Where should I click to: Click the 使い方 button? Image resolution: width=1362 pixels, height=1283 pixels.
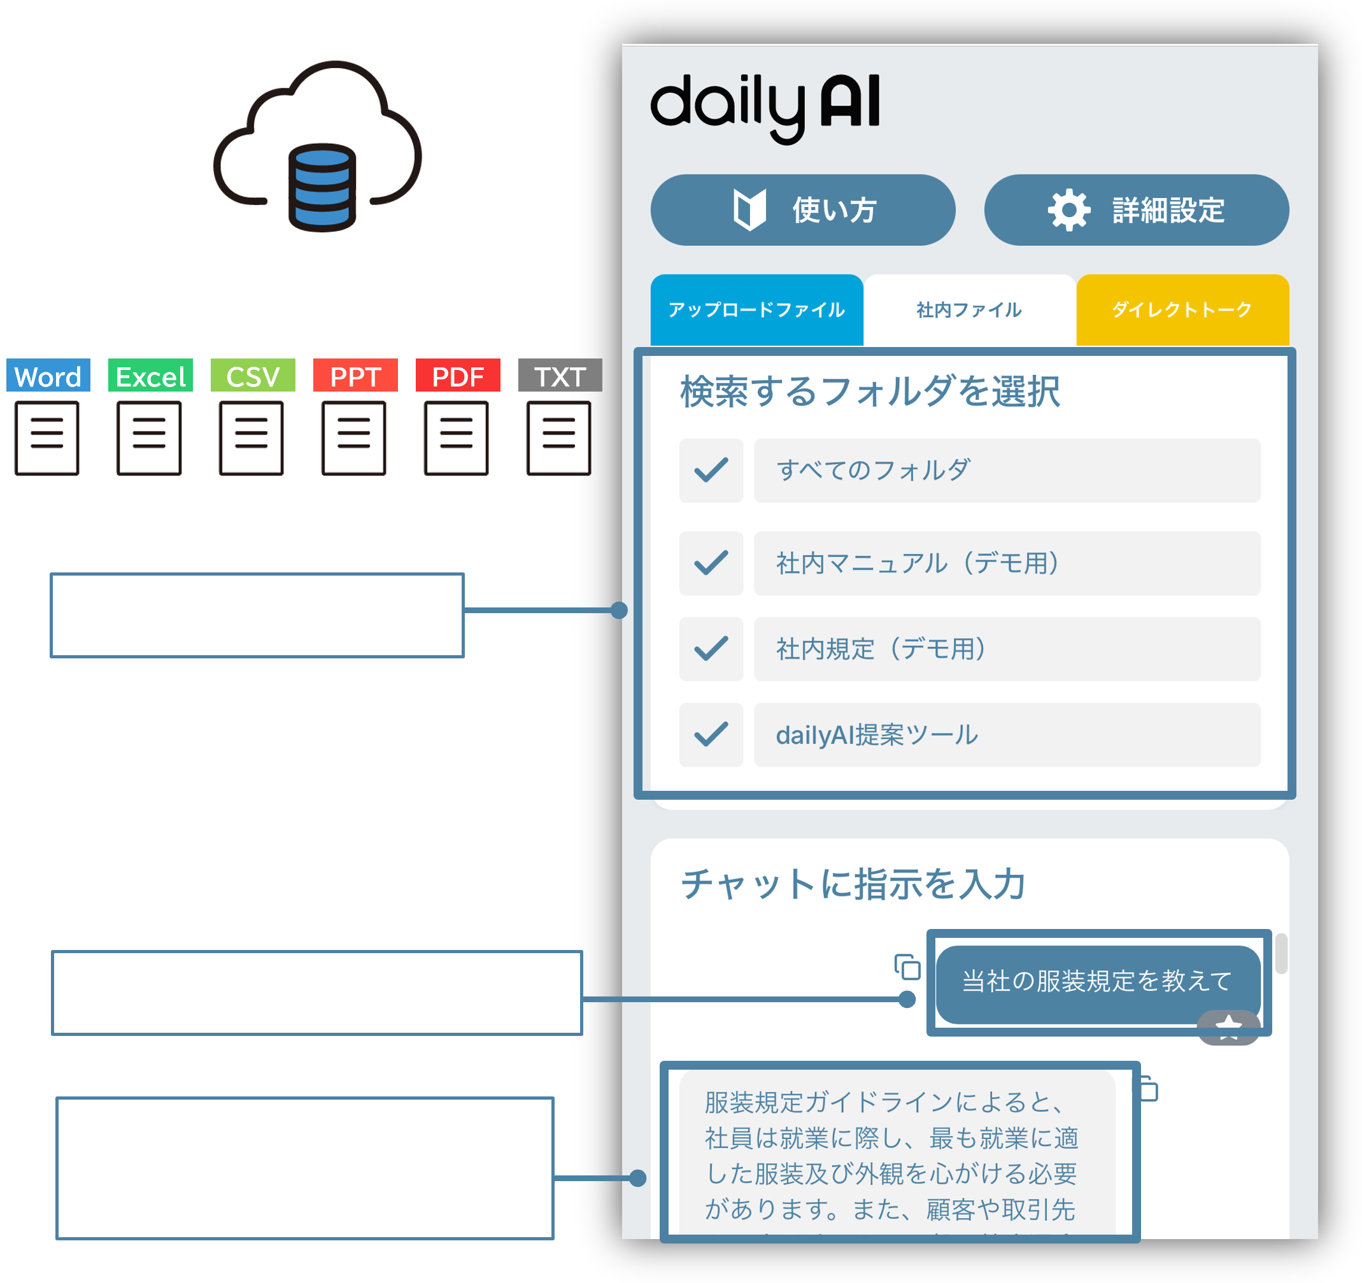tap(802, 209)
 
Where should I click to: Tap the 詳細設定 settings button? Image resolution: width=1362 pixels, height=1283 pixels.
tap(1136, 209)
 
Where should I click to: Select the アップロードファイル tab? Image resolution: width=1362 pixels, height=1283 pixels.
tap(756, 309)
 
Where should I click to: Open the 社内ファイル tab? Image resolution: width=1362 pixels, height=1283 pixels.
tap(968, 309)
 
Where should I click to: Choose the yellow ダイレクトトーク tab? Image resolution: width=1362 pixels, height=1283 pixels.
tap(1182, 309)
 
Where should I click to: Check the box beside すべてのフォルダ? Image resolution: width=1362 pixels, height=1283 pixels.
tap(711, 471)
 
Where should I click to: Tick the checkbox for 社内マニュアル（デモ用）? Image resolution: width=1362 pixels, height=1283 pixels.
tap(711, 563)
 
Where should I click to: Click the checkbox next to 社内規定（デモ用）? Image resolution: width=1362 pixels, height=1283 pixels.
tap(711, 649)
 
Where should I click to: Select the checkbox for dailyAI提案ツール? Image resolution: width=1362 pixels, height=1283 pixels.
tap(711, 734)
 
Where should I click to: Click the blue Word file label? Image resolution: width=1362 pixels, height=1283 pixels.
tap(48, 376)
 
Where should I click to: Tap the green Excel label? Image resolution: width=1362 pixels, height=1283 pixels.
tap(150, 376)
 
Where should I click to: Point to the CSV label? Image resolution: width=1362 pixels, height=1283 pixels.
tap(253, 376)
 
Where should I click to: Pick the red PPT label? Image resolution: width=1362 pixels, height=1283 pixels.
tap(355, 376)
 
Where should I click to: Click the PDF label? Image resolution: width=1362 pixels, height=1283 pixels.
tap(458, 376)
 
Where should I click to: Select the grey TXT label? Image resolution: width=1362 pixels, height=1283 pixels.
tap(560, 376)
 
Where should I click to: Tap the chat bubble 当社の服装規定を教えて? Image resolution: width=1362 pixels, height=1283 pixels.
tap(1097, 982)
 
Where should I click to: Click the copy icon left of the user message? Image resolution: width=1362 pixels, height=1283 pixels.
tap(907, 967)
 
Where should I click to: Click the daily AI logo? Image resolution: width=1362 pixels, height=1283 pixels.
tap(765, 106)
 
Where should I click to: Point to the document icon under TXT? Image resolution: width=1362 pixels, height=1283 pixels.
tap(558, 437)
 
